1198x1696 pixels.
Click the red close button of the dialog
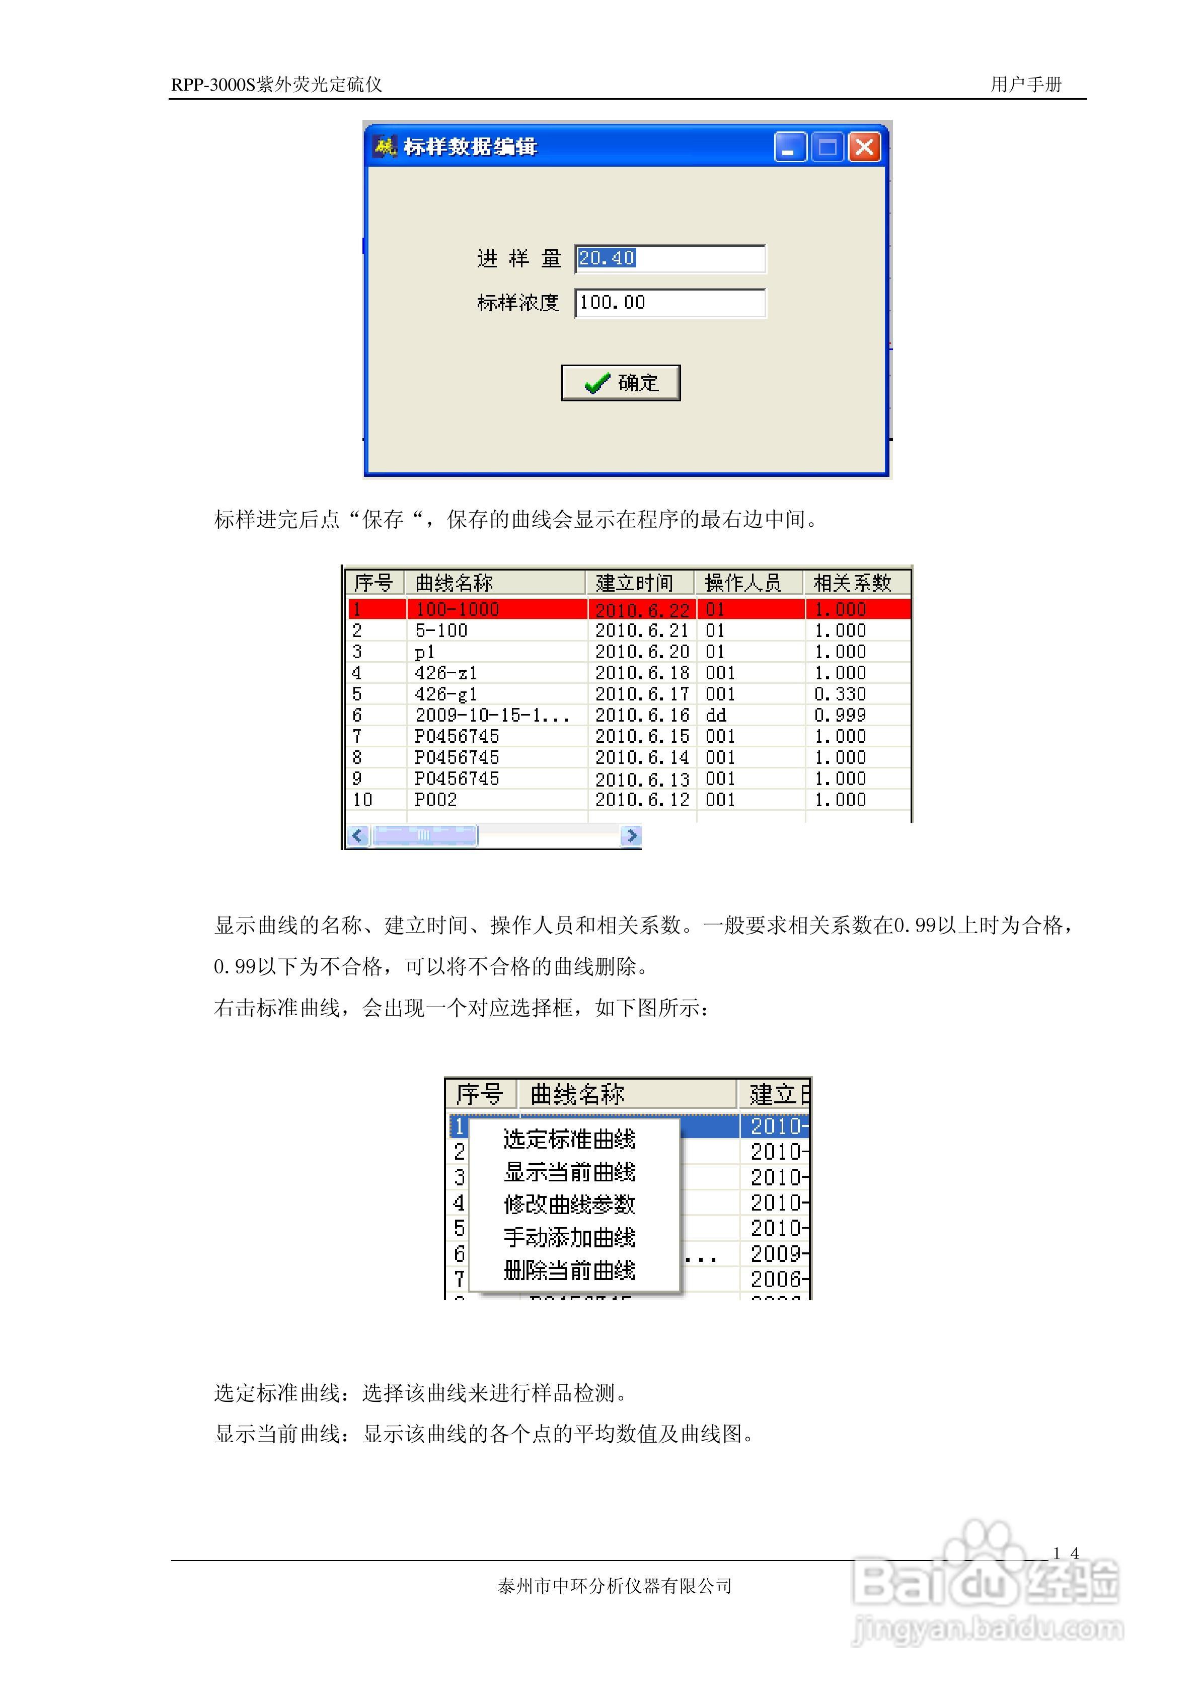click(x=864, y=147)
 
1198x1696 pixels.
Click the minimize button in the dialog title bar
click(x=789, y=147)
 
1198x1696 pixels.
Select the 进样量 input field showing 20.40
click(x=669, y=258)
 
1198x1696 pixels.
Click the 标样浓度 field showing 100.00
click(x=669, y=303)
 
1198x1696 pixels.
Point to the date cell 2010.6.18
click(x=642, y=673)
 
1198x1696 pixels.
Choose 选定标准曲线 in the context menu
click(x=569, y=1140)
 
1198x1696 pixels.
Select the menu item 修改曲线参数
click(x=569, y=1205)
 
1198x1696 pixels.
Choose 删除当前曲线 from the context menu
click(x=569, y=1270)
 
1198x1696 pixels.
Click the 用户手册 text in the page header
click(x=1026, y=84)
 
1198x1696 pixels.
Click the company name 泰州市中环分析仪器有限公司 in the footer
click(x=615, y=1586)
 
